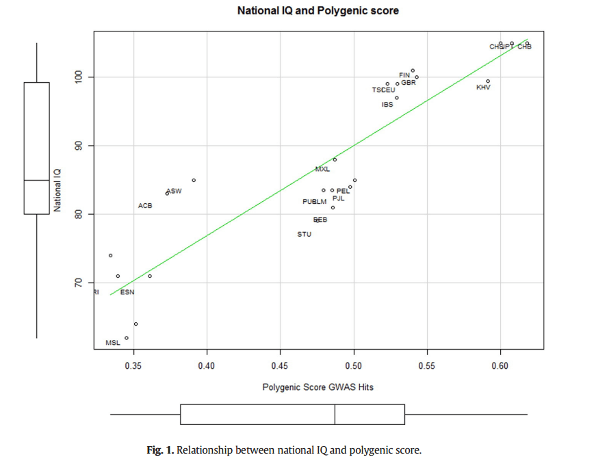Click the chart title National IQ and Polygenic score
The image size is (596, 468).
[x=318, y=11]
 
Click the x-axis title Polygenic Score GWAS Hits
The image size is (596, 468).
[x=318, y=387]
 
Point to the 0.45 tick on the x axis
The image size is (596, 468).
[x=280, y=366]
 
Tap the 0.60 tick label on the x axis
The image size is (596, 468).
[x=500, y=366]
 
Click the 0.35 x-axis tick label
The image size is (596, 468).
[x=133, y=366]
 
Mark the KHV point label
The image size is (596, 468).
[x=483, y=88]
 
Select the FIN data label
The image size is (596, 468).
[x=404, y=75]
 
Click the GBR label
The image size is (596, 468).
[x=409, y=83]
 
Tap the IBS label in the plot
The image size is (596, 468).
[x=387, y=105]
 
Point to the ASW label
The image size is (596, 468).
[x=174, y=192]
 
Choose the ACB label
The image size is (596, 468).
[x=145, y=205]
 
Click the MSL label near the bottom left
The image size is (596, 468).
[x=113, y=343]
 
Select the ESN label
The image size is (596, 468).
[x=127, y=293]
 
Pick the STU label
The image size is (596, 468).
[x=305, y=234]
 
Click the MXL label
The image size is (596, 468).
[x=322, y=169]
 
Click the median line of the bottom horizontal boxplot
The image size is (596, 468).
[x=335, y=415]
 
